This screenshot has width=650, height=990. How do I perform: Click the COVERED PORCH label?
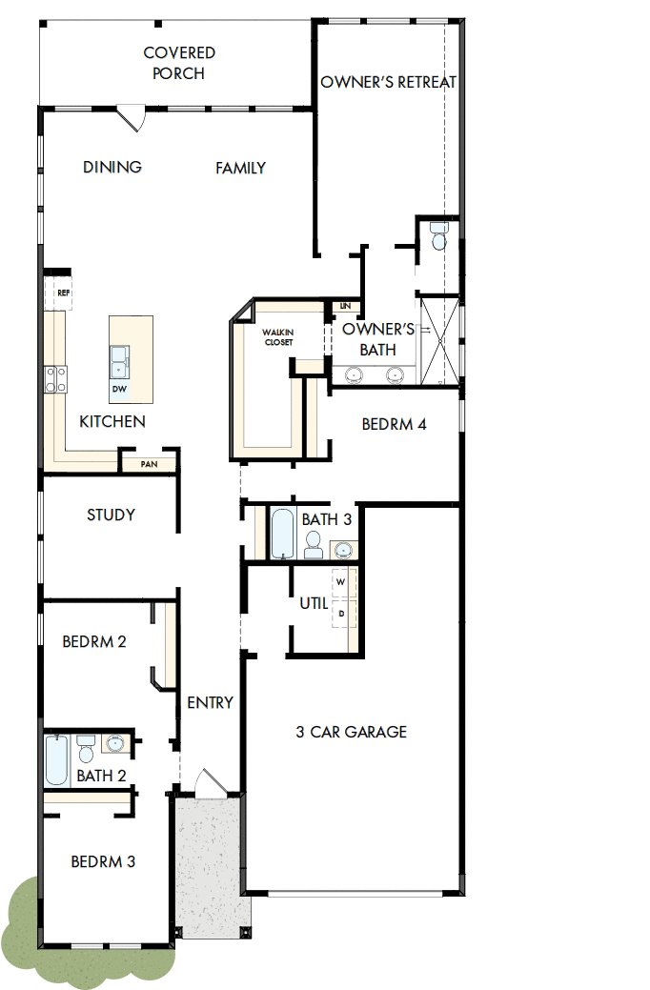tap(179, 63)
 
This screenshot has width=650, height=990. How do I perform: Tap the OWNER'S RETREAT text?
tap(388, 82)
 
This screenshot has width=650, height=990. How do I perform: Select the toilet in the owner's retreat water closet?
tap(437, 236)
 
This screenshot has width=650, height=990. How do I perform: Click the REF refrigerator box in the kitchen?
tap(63, 293)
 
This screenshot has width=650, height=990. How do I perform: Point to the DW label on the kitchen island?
tap(119, 389)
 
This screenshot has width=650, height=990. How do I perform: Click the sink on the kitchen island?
tap(120, 359)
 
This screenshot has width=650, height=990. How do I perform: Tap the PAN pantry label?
tap(149, 464)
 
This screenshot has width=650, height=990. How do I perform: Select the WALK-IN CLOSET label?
tap(278, 336)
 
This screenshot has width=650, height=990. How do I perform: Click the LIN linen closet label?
tap(345, 306)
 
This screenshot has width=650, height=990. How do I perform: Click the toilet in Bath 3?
tap(314, 545)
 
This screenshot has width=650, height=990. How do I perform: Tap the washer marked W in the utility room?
tap(341, 580)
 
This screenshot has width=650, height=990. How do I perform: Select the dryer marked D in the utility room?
tap(341, 614)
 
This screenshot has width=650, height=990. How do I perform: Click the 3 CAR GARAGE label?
tap(351, 732)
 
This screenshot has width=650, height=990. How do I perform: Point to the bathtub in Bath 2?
tap(56, 759)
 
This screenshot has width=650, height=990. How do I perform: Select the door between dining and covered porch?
tap(130, 119)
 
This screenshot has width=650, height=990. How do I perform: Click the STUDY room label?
tap(111, 515)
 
